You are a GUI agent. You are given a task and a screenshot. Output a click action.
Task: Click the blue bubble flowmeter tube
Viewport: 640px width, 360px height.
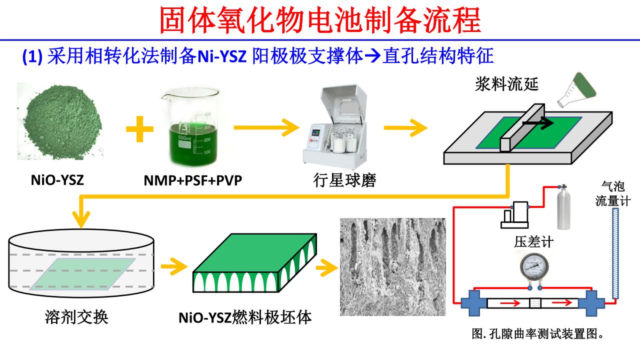coord(615,254)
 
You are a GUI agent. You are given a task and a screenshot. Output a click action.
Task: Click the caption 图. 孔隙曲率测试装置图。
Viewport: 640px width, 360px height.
coord(537,334)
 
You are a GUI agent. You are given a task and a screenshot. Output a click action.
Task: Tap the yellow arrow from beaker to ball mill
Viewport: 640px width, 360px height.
coord(265,128)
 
